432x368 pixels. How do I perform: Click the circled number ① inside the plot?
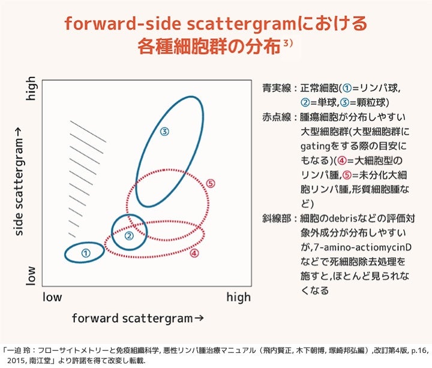(86, 253)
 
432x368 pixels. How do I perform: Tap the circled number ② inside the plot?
(129, 236)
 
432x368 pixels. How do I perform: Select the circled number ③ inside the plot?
(164, 132)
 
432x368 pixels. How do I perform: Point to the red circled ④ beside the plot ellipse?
(194, 253)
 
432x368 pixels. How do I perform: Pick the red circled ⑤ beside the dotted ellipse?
(211, 183)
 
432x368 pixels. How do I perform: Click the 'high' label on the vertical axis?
(31, 88)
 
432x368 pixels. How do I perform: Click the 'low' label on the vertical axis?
(31, 275)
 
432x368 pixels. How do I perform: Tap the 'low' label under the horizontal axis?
(52, 297)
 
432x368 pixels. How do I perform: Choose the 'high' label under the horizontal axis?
(239, 297)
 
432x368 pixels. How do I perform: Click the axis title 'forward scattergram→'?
(138, 318)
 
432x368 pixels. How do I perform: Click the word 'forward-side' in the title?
(123, 23)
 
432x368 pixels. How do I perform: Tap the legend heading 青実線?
(277, 88)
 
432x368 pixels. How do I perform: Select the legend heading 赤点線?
(277, 117)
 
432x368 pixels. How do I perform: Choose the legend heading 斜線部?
(277, 219)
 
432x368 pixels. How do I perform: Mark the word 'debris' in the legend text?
(344, 218)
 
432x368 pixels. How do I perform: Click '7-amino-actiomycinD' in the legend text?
(362, 247)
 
